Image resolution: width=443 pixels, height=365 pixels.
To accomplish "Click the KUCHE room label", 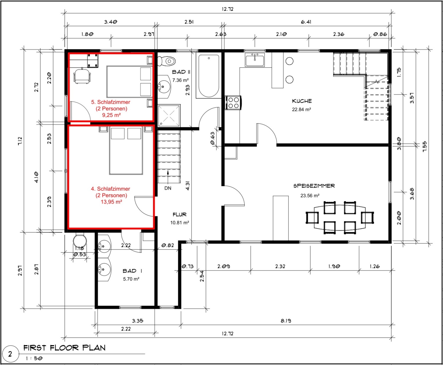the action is coord(302,101).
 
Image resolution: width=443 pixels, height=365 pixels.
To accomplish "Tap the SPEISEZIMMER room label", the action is coord(314,186).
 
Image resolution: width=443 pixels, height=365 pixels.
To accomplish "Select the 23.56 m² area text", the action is coord(310,195).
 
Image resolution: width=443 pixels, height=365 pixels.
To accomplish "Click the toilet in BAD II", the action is coord(166,61).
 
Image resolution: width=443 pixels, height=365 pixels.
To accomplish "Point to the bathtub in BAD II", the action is coord(209,76).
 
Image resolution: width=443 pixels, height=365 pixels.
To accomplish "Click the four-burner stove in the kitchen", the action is coord(233,103).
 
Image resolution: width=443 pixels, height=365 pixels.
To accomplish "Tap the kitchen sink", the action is coord(255,60).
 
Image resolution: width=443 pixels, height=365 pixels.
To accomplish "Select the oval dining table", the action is coord(340,218).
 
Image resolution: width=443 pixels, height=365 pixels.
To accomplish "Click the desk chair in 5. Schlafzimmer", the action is coord(82,76).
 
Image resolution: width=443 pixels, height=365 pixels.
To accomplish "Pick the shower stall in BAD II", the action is coord(169,115).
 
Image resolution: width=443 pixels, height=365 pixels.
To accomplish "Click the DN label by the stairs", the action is coord(168,188).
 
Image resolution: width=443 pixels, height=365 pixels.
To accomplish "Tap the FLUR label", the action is coord(180,215).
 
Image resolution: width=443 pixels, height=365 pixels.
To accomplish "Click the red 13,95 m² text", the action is coord(111,202).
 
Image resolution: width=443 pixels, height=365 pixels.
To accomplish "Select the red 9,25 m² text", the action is coord(111,115).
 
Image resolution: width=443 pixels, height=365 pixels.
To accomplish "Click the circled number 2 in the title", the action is coord(10,354).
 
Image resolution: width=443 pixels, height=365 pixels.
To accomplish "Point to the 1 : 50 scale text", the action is coord(34,359).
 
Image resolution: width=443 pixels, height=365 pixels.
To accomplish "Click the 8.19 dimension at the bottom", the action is coord(286,321).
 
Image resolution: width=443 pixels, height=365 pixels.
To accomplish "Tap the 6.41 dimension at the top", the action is coord(306,22).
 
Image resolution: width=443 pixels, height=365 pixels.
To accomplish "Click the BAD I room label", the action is coord(132,271).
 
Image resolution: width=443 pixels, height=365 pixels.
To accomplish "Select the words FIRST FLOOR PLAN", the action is coord(64,348).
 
